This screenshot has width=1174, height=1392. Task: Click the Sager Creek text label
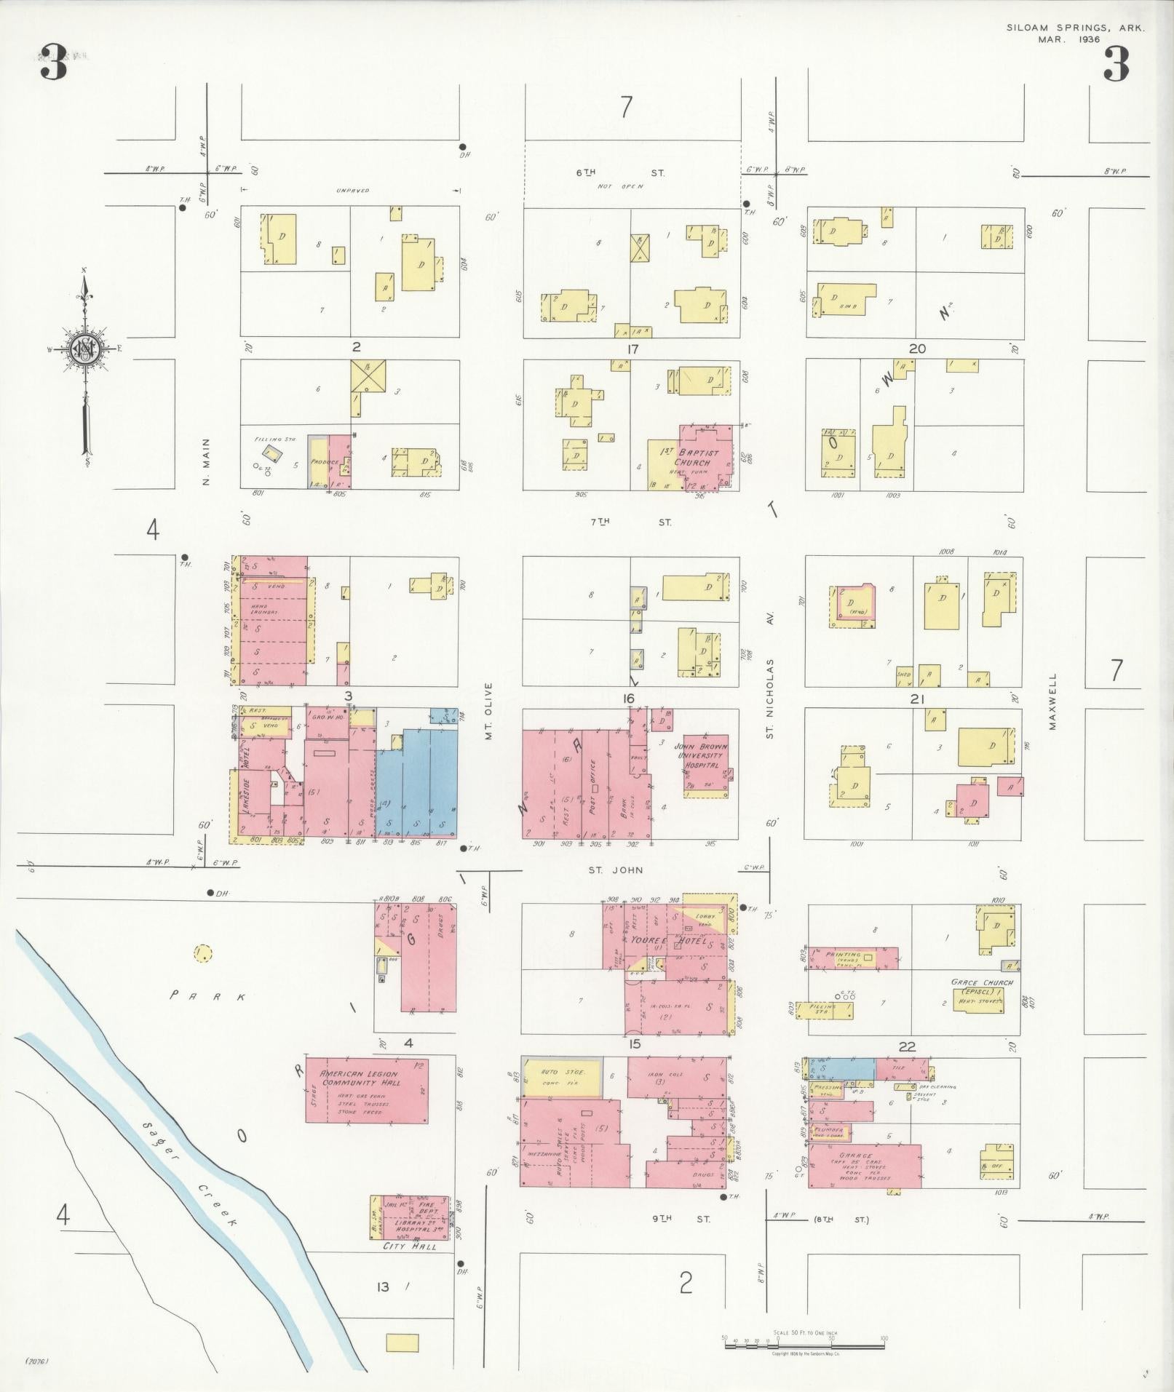[x=190, y=1157]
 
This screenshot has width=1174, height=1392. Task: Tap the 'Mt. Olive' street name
[x=490, y=711]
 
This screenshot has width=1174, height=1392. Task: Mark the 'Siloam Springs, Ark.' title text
[x=1076, y=28]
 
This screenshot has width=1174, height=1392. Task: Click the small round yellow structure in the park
[x=203, y=952]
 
